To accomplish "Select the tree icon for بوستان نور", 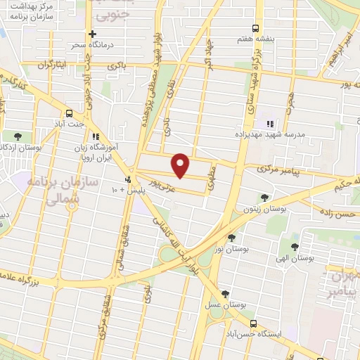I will pos(232,238).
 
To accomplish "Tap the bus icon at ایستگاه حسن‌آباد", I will pos(252,323).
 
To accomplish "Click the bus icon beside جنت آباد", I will pos(69,113).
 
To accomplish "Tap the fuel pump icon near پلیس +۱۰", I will pos(127,180).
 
